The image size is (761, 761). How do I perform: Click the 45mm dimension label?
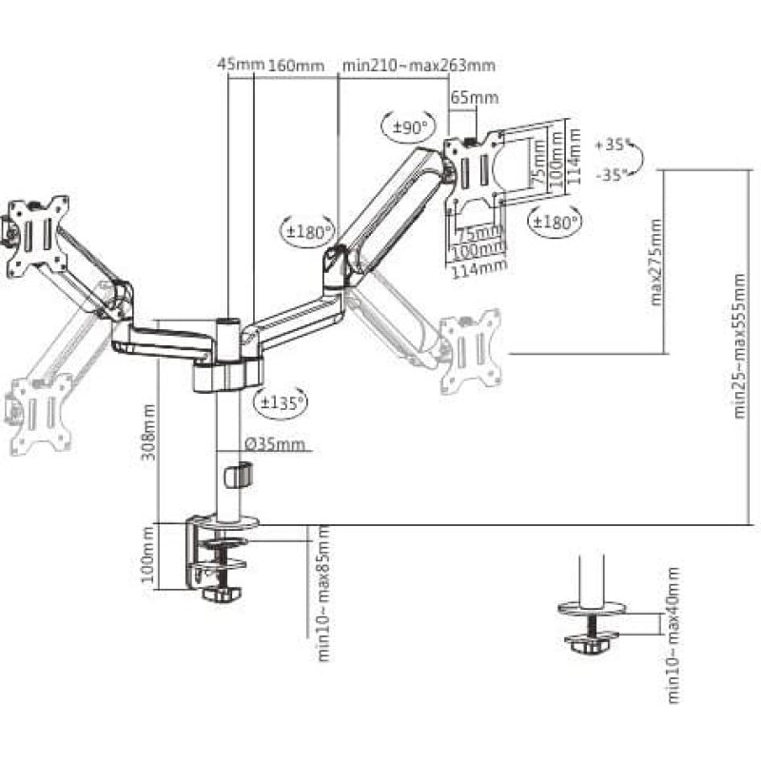[239, 66]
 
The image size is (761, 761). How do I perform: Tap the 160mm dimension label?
[296, 66]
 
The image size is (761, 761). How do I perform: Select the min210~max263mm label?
[419, 66]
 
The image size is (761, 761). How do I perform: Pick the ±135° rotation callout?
[282, 401]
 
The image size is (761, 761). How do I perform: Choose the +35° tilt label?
[613, 146]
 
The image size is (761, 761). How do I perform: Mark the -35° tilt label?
[613, 175]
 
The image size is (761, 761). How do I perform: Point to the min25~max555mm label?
[740, 347]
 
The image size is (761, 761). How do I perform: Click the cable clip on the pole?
[242, 473]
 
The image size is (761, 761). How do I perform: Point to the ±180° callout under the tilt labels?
[552, 223]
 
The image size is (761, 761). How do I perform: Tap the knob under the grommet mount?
[591, 645]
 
